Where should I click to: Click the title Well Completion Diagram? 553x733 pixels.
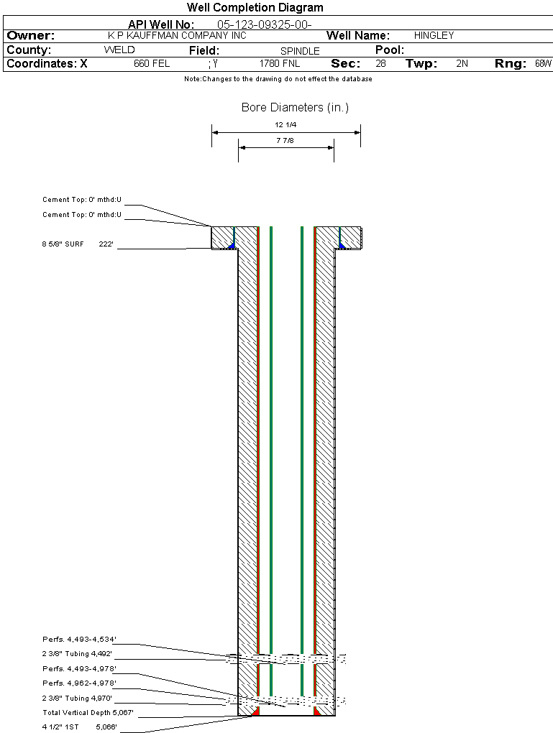pyautogui.click(x=255, y=7)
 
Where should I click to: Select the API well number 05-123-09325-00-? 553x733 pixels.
pyautogui.click(x=265, y=24)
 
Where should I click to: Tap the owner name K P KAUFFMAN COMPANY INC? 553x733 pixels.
pyautogui.click(x=177, y=35)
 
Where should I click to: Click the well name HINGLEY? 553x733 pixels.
pyautogui.click(x=434, y=35)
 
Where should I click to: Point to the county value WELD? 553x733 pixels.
pyautogui.click(x=119, y=50)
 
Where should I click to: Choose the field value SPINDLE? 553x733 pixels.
pyautogui.click(x=300, y=51)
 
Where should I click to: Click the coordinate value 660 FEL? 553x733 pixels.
pyautogui.click(x=152, y=63)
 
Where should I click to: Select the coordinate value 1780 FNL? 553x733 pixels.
pyautogui.click(x=280, y=63)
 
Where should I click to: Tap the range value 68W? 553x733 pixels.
pyautogui.click(x=544, y=63)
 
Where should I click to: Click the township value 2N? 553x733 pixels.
pyautogui.click(x=462, y=63)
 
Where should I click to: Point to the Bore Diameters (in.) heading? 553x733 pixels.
pyautogui.click(x=296, y=108)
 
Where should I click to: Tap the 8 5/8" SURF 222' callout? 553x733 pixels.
pyautogui.click(x=78, y=244)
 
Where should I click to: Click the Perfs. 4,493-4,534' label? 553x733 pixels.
pyautogui.click(x=80, y=639)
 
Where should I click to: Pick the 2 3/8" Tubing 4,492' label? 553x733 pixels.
pyautogui.click(x=77, y=653)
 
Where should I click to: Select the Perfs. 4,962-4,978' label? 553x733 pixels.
pyautogui.click(x=80, y=683)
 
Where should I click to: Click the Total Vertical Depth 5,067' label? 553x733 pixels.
pyautogui.click(x=88, y=712)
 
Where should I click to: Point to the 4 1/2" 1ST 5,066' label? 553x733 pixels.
pyautogui.click(x=80, y=727)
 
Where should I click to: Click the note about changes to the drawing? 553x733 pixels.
pyautogui.click(x=278, y=79)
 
